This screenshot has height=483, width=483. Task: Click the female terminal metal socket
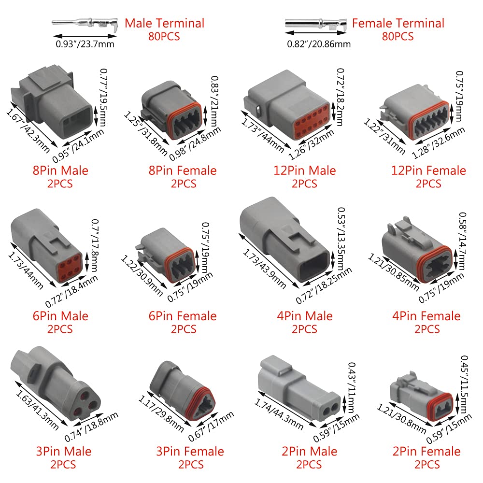coord(316,23)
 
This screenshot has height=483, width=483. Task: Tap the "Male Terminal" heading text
coord(165,23)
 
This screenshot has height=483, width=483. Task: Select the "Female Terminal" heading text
coord(398,23)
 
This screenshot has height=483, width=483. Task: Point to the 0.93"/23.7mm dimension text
coord(85,44)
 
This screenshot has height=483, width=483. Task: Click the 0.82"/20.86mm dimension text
coord(319,44)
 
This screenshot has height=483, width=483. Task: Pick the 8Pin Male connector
coord(52,101)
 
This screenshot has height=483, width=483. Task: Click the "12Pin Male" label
coord(305,170)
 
